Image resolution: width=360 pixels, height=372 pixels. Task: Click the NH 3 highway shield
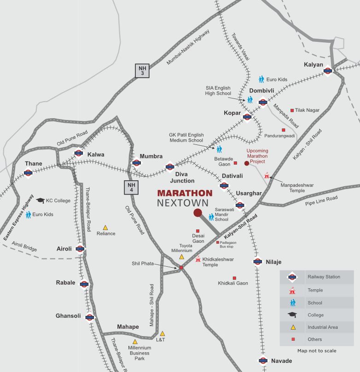[142, 70]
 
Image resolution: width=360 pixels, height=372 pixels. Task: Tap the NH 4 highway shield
[130, 187]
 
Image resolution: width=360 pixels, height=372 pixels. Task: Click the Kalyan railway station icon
[328, 71]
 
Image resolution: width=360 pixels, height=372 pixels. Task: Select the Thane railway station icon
[28, 173]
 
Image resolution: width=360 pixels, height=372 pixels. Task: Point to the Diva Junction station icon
[170, 167]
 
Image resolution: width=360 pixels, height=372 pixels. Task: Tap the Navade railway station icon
[263, 361]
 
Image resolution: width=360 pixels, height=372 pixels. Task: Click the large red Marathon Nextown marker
[197, 212]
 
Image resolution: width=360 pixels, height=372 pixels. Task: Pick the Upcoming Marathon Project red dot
[247, 163]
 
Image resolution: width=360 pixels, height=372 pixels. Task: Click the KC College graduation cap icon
[40, 200]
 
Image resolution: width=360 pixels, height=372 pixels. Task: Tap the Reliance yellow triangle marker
[105, 227]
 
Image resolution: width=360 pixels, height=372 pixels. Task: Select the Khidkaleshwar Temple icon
[198, 259]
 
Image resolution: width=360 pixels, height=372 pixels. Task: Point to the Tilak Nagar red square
[292, 110]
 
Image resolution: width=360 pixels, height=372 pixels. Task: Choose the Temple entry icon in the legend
[292, 290]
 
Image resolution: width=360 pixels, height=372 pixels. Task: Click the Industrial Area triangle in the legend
[292, 327]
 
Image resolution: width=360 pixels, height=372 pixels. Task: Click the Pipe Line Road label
[321, 200]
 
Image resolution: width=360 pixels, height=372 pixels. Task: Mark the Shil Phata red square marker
[181, 267]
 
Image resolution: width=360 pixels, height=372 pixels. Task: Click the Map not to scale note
[317, 350]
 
